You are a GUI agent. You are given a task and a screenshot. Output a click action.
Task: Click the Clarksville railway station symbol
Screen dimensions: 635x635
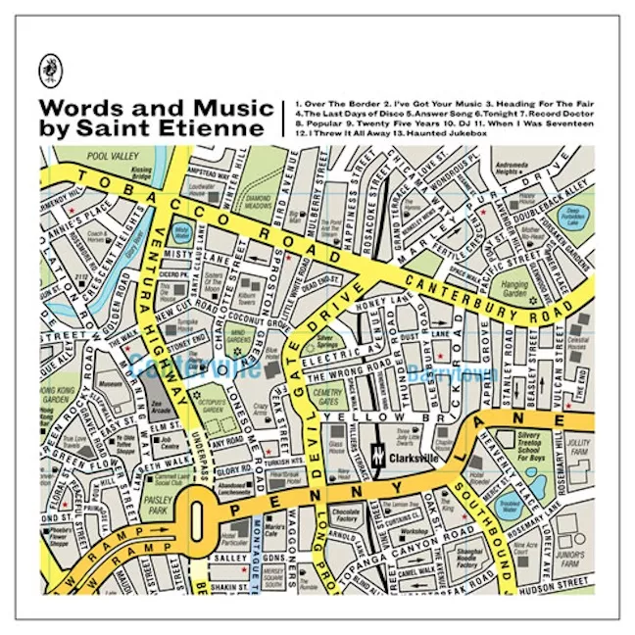pos(377,455)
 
